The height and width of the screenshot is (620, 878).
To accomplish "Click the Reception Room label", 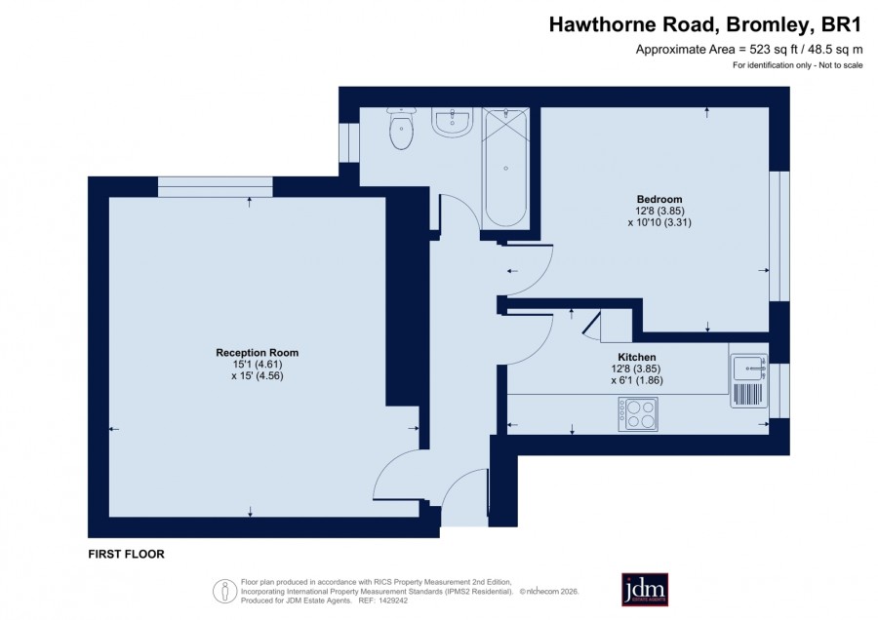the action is pyautogui.click(x=257, y=353).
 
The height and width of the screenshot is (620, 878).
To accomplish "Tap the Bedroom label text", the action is pyautogui.click(x=659, y=199).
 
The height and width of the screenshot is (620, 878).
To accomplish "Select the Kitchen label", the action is pyautogui.click(x=637, y=357).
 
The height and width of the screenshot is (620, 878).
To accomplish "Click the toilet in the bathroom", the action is pyautogui.click(x=401, y=128).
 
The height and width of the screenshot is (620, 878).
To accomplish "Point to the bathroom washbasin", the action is pyautogui.click(x=453, y=122).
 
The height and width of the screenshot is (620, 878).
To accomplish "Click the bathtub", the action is pyautogui.click(x=505, y=168).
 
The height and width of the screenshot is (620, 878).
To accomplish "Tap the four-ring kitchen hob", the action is pyautogui.click(x=638, y=414).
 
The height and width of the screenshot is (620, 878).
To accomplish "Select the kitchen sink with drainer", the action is pyautogui.click(x=748, y=380).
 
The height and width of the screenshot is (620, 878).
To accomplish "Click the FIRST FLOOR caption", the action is pyautogui.click(x=127, y=554).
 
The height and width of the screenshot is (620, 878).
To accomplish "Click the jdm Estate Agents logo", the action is pyautogui.click(x=645, y=589).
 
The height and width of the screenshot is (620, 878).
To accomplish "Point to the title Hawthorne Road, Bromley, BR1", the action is pyautogui.click(x=704, y=25).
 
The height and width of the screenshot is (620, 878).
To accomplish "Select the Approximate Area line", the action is pyautogui.click(x=749, y=50).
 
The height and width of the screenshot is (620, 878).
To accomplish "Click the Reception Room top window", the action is pyautogui.click(x=216, y=187).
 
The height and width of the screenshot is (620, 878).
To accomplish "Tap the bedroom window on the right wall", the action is pyautogui.click(x=778, y=236).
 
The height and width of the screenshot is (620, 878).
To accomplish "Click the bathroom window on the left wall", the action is pyautogui.click(x=349, y=142).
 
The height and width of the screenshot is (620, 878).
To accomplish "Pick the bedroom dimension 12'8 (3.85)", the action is pyautogui.click(x=659, y=211).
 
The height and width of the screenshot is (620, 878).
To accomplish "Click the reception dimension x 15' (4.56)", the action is pyautogui.click(x=258, y=376).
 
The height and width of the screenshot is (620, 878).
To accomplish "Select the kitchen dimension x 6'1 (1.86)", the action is pyautogui.click(x=637, y=380).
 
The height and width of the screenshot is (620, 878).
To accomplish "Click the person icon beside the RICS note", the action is pyautogui.click(x=225, y=591).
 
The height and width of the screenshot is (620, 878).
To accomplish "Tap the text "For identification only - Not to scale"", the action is pyautogui.click(x=797, y=65).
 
